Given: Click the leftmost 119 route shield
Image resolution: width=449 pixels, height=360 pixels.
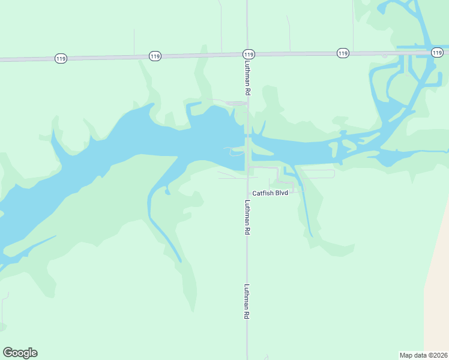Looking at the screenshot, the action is point(60,58).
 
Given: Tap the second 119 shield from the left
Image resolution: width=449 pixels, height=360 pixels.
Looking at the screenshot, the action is point(155,56).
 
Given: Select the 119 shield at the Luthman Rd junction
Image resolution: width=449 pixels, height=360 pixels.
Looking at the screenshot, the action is point(249,55).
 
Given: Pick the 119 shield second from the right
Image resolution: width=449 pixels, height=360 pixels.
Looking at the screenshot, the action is point(343,53).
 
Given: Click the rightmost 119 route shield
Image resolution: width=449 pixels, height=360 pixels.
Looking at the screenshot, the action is point(437,53).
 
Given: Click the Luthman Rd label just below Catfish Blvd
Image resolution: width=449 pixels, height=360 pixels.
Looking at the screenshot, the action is point(247,217).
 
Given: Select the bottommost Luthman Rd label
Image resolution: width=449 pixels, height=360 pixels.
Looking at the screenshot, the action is point(247,301).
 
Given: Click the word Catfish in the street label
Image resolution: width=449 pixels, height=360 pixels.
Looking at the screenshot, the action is point(263,193).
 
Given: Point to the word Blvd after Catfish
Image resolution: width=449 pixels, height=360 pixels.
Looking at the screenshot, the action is point(282,193).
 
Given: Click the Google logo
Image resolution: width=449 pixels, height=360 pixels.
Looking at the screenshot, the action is point(20,353).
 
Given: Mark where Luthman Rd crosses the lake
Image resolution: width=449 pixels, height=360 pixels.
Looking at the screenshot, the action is point(247,144).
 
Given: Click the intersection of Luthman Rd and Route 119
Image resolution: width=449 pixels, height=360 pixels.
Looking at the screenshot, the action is point(247,55).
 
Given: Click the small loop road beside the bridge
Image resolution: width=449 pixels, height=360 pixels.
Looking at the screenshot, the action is point(235,151).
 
